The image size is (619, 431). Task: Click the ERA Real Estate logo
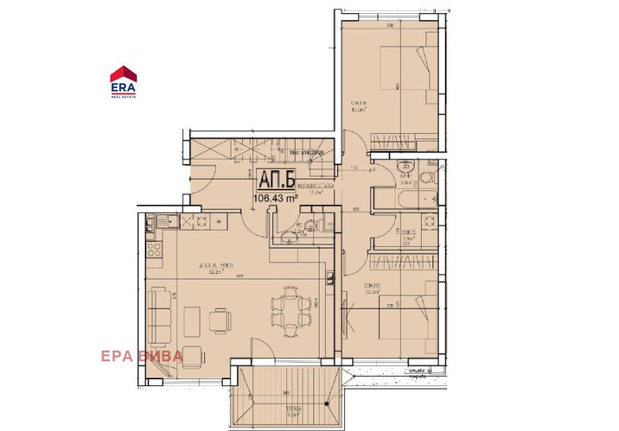[124, 80]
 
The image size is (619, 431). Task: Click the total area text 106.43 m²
[276, 199]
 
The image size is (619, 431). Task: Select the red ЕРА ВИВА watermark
[141, 356]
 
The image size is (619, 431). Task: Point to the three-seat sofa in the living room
[161, 316]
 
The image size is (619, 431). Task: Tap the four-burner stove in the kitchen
[155, 250]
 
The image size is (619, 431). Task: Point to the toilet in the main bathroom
[425, 179]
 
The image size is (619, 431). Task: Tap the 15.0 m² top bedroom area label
[358, 108]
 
